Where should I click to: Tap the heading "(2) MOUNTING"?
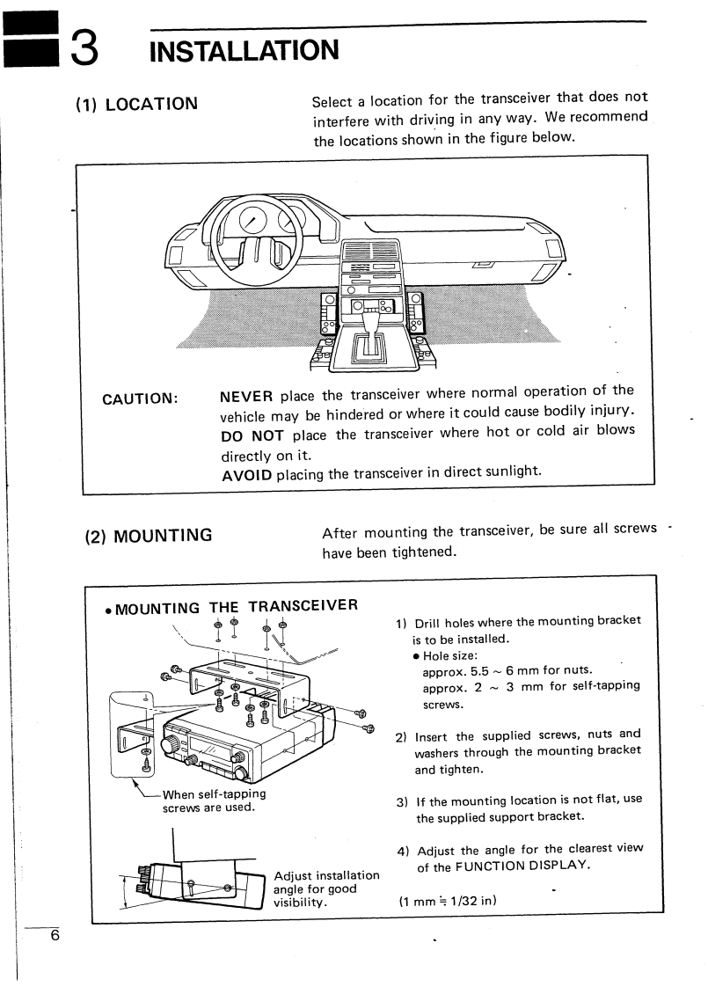tap(147, 534)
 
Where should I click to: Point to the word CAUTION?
tap(140, 397)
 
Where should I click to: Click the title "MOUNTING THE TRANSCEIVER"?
tap(230, 606)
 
